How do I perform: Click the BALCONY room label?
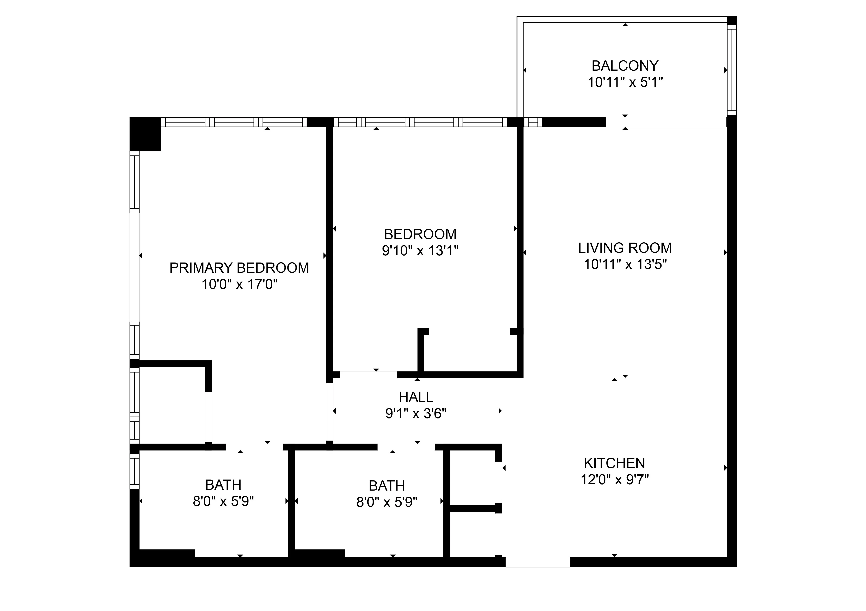[625, 66]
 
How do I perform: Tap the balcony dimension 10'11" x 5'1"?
[625, 82]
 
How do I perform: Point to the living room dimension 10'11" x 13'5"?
[625, 265]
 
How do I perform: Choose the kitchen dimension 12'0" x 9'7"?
[615, 480]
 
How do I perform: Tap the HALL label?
[416, 397]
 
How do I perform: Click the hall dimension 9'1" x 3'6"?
[416, 414]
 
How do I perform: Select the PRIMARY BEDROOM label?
[239, 268]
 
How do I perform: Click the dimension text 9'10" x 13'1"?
[420, 251]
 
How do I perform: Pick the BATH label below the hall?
[387, 486]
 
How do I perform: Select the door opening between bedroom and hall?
[368, 375]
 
